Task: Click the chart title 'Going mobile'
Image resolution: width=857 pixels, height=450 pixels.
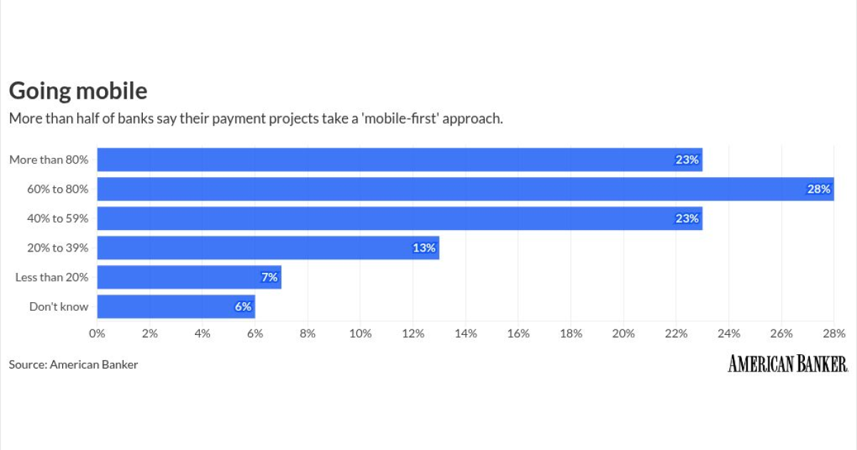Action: [x=78, y=91]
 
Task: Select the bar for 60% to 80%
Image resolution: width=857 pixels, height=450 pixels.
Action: [x=465, y=189]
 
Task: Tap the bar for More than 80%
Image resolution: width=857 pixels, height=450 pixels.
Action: [x=399, y=160]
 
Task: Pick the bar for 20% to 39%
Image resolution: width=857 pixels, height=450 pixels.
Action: [x=268, y=248]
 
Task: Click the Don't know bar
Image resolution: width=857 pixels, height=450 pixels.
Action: [x=176, y=306]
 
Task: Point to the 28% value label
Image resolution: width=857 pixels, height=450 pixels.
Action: [x=819, y=189]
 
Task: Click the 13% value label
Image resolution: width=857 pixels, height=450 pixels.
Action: [x=424, y=248]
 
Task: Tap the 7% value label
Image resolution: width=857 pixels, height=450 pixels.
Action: [x=269, y=277]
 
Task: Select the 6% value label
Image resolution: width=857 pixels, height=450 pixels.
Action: [x=243, y=306]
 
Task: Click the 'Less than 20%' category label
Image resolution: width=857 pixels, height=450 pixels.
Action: [x=51, y=277]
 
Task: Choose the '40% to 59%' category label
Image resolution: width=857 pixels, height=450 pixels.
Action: [x=58, y=219]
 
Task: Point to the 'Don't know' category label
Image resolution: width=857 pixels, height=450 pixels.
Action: [x=59, y=306]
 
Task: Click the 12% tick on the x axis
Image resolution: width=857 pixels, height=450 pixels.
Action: [x=413, y=333]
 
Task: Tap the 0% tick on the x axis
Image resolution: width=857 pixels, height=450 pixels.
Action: [x=97, y=333]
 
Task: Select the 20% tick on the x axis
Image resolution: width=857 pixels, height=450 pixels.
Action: [x=623, y=333]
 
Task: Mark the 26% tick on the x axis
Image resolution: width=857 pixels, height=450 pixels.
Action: [x=781, y=333]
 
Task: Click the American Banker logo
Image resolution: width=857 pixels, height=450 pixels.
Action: [x=788, y=364]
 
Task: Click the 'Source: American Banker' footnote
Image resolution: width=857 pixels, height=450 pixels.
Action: [x=73, y=364]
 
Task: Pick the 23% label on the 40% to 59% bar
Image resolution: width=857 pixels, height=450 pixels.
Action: [x=687, y=219]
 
